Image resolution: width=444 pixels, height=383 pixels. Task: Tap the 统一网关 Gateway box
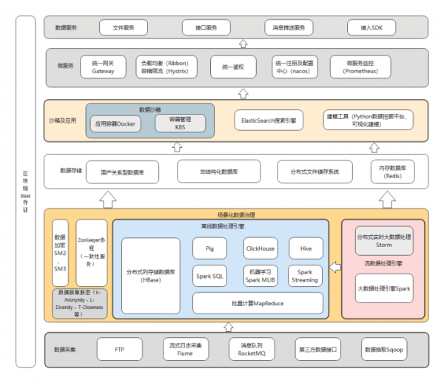tap(104, 67)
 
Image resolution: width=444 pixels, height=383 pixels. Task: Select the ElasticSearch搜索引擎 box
tap(269, 119)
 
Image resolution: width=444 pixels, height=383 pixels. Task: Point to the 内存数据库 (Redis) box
tap(394, 171)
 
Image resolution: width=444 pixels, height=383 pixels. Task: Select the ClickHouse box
tap(260, 248)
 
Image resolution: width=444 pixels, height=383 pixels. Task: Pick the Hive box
tap(306, 248)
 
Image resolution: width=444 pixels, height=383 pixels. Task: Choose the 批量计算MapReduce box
tap(258, 302)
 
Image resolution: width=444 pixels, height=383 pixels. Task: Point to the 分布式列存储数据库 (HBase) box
tap(151, 276)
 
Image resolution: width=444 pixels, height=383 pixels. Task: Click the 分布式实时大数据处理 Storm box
tap(384, 240)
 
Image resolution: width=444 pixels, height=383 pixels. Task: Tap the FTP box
tap(119, 348)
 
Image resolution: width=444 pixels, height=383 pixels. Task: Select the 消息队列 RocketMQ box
tap(252, 348)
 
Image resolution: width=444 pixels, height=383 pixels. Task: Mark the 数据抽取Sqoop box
tap(383, 348)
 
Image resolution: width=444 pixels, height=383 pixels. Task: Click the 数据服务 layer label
tap(67, 28)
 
